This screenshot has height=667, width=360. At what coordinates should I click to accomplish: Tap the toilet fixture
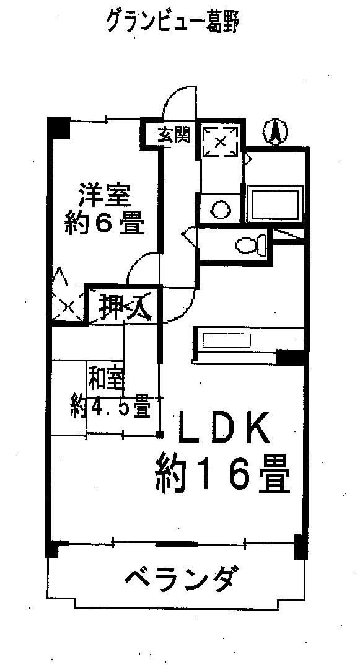251,245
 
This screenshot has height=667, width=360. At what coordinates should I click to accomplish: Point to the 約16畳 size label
222,474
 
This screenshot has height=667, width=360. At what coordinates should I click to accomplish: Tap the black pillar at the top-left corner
58,127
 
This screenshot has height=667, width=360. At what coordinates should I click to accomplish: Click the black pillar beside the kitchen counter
291,357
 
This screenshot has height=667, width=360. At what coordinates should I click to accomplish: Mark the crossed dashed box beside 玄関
220,142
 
